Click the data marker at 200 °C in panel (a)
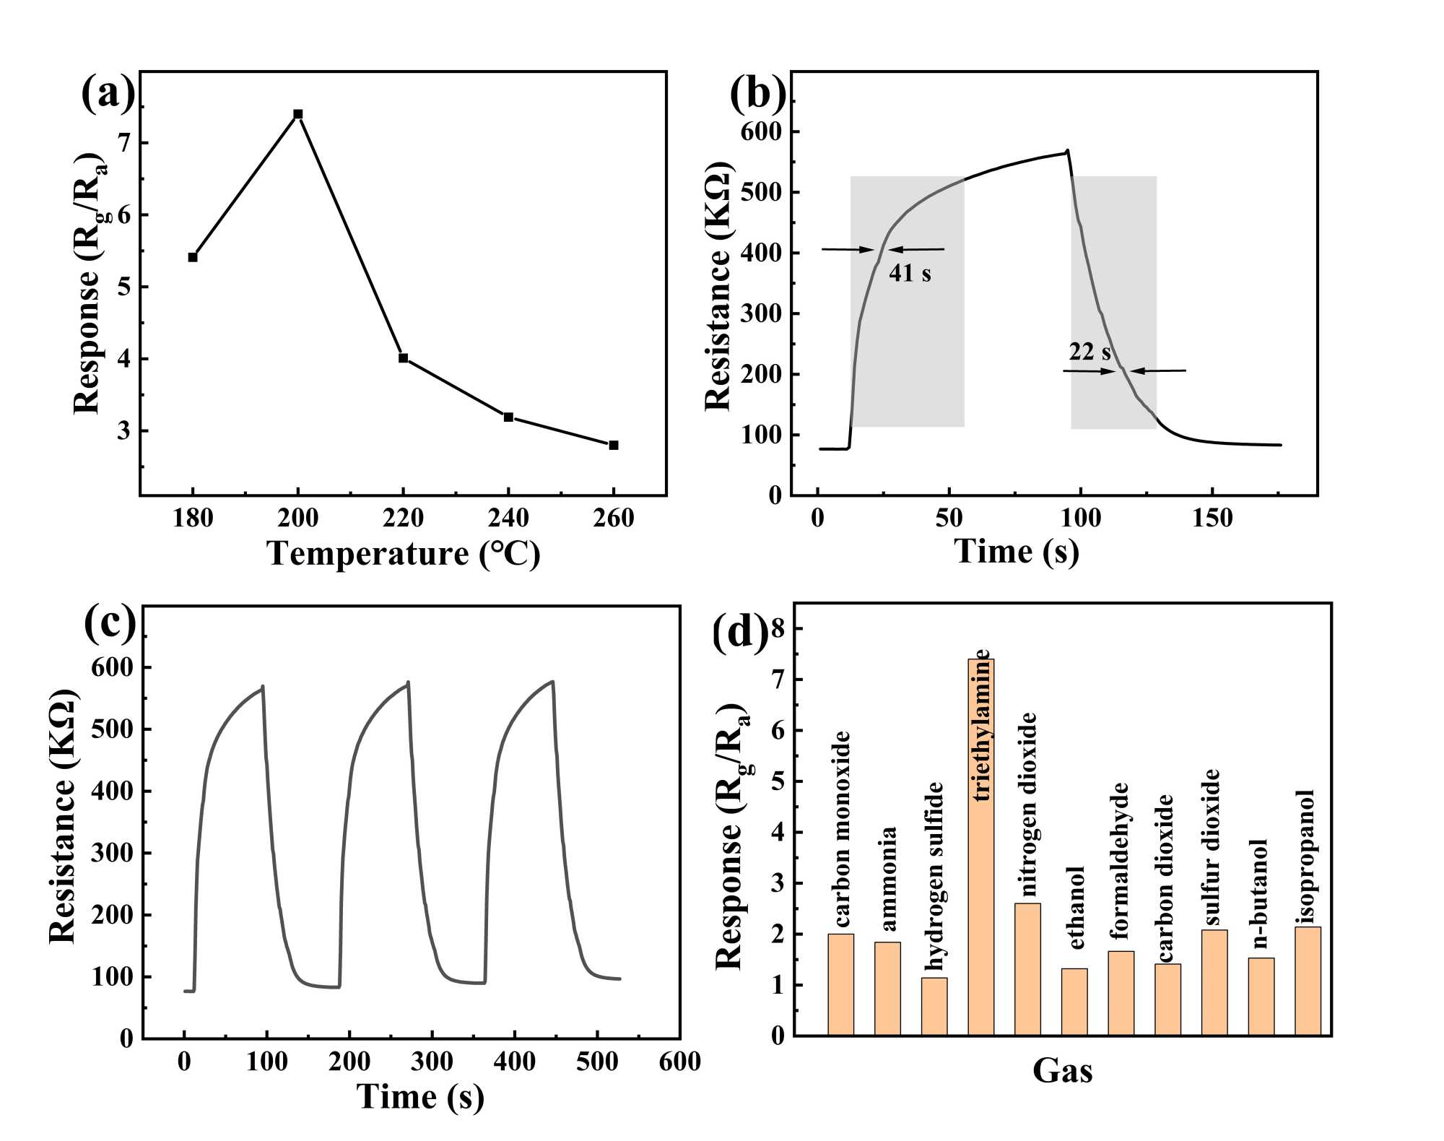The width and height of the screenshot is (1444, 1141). (297, 114)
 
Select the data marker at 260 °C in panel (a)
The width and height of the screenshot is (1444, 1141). (614, 445)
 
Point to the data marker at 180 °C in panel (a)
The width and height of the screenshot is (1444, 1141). (193, 257)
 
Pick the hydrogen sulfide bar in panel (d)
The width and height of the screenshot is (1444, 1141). (934, 1007)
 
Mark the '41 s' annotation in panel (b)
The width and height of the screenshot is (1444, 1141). (910, 273)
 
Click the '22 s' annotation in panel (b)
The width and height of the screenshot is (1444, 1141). (1089, 352)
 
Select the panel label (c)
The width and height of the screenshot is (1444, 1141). (110, 622)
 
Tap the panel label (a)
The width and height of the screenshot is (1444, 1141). (108, 92)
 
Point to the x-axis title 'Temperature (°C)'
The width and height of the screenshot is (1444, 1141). (404, 554)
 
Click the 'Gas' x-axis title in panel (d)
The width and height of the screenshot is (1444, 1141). (1062, 1070)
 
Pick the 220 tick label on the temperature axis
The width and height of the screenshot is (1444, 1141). (403, 518)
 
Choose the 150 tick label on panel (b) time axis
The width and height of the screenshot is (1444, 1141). (1212, 518)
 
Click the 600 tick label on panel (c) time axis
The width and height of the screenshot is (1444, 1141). (679, 1061)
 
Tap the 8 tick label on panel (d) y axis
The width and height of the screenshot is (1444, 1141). (777, 629)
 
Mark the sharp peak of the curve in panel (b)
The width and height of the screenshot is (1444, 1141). (1068, 151)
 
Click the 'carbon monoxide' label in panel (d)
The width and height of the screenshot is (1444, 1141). (842, 829)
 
